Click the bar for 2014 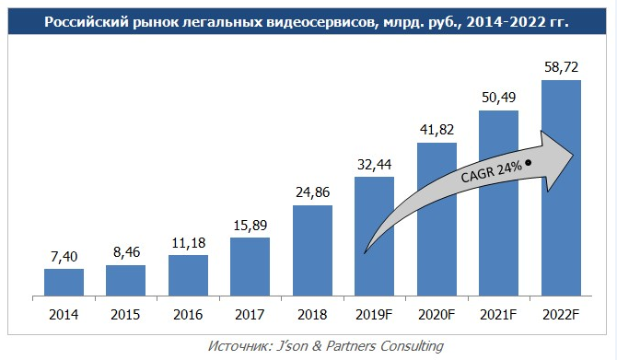[64, 283]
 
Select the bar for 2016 [188, 275]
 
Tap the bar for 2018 [312, 250]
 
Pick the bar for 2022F [561, 188]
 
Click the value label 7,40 [64, 258]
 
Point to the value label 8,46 [126, 254]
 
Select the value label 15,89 [250, 226]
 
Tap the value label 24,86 [312, 194]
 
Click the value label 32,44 [375, 166]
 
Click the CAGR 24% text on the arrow [492, 171]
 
